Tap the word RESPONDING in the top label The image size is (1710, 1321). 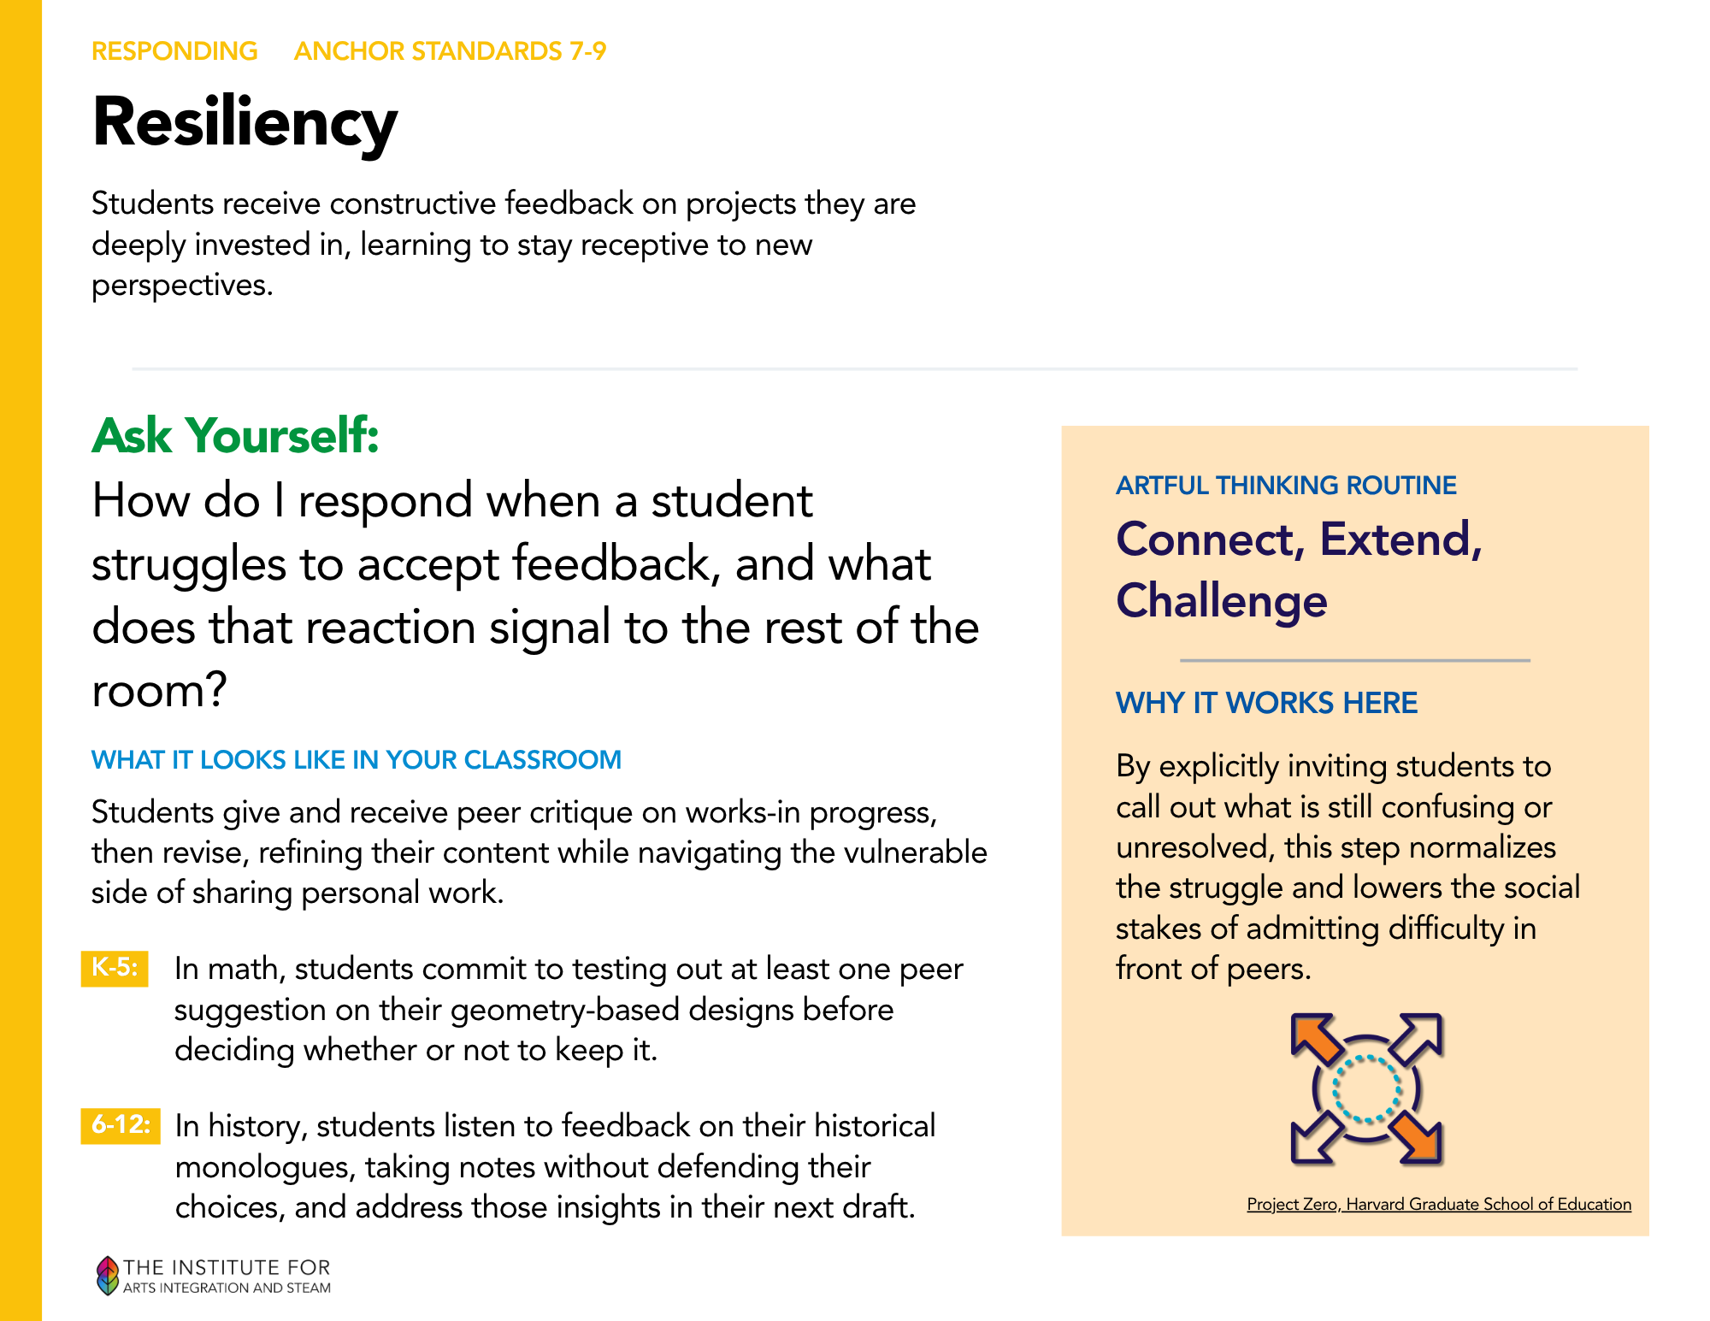(174, 51)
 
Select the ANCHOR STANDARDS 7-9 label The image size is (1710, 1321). (450, 51)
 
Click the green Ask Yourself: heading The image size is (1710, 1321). (235, 435)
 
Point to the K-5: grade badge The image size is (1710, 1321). (115, 968)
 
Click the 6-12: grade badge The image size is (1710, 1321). (121, 1125)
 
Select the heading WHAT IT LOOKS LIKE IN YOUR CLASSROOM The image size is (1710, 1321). (357, 759)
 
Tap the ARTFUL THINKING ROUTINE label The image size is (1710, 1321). (1286, 485)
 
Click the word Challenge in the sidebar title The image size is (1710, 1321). (1222, 602)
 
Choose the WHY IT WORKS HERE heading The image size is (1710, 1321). (1266, 703)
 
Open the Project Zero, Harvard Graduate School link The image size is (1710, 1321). (1439, 1204)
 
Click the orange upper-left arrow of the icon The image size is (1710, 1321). (1316, 1038)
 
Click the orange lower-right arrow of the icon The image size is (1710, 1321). (1417, 1139)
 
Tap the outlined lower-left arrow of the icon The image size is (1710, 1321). (1316, 1139)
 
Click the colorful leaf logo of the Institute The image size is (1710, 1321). (107, 1276)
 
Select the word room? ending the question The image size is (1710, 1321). (159, 691)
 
